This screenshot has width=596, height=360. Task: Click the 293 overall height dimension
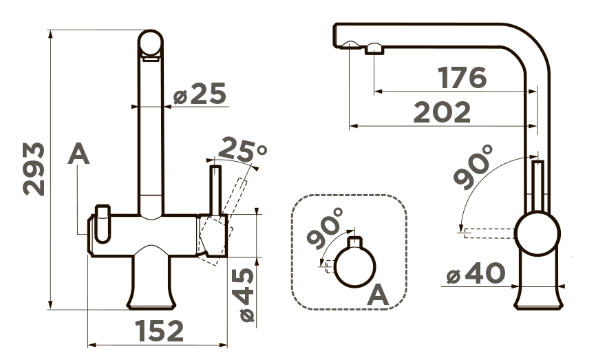click(x=34, y=169)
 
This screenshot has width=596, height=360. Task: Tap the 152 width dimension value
click(x=160, y=330)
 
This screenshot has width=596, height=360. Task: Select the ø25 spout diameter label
click(x=200, y=94)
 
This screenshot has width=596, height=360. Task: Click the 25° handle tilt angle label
click(x=242, y=149)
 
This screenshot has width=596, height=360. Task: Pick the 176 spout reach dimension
click(x=462, y=78)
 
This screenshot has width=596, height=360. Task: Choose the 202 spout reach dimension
click(x=442, y=112)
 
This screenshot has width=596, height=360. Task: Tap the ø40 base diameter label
click(x=476, y=273)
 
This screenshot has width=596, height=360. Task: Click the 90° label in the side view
click(x=473, y=167)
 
